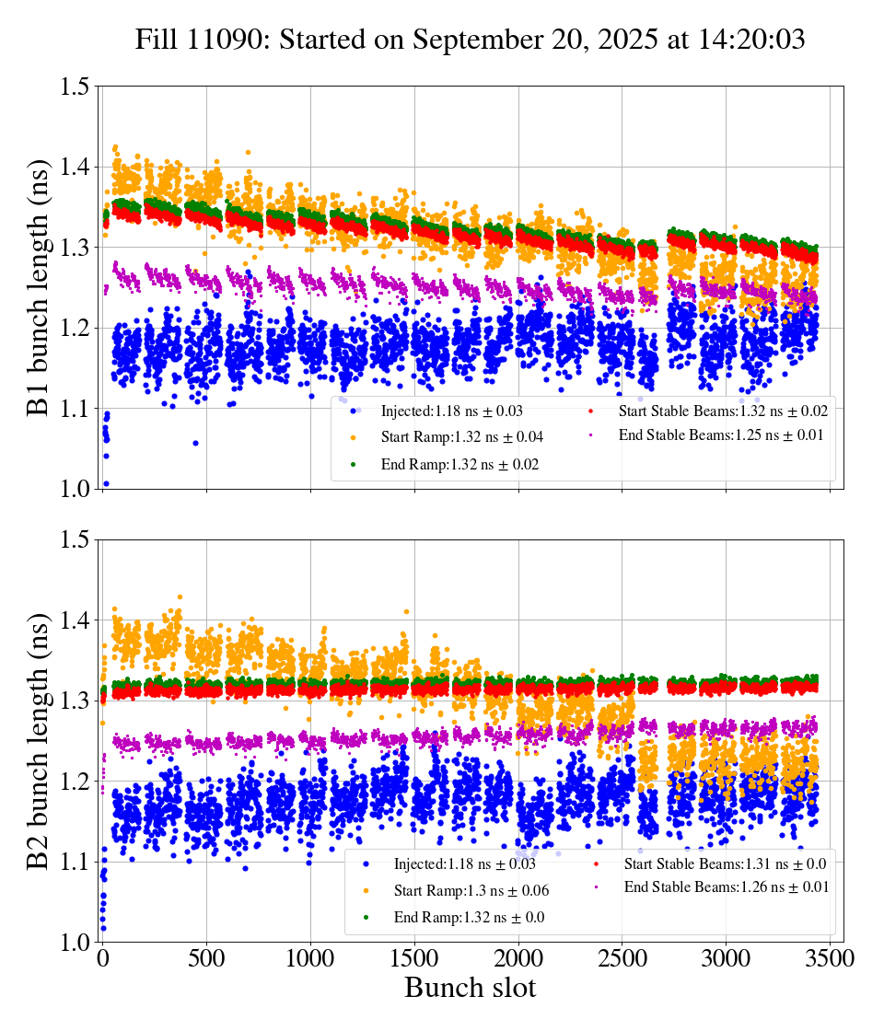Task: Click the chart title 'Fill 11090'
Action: pyautogui.click(x=470, y=40)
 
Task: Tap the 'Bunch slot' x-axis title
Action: pyautogui.click(x=470, y=989)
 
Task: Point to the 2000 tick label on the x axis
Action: pyautogui.click(x=518, y=958)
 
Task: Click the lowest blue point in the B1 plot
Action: pyautogui.click(x=106, y=483)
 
